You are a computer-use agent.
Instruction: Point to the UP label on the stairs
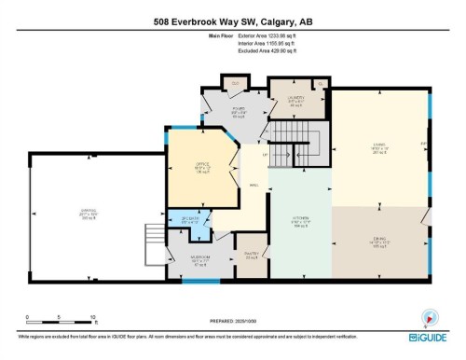[265, 155]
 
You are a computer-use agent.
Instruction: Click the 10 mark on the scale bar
[93, 317]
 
